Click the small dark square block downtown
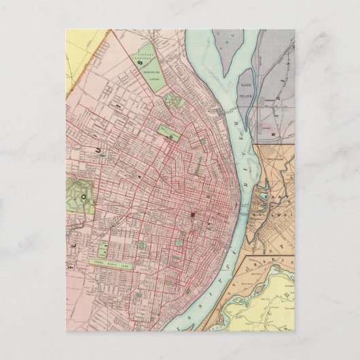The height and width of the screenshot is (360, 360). pos(192,216)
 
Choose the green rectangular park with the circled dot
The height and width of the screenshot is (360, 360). pos(167,129)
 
